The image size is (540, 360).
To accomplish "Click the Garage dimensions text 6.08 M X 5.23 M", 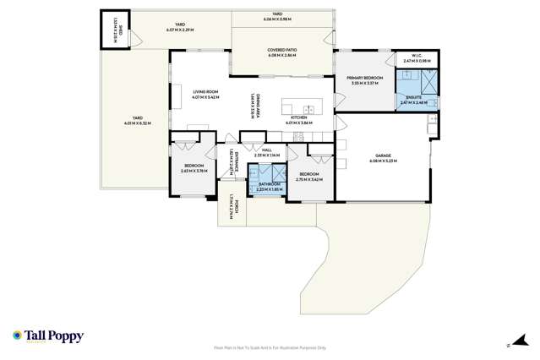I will coord(385,161).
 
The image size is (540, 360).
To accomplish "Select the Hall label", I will coord(266,149).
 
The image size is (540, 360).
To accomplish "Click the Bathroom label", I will coord(270,184).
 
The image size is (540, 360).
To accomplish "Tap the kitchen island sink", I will coord(308,109).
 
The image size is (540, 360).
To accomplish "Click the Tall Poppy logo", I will coord(48,336).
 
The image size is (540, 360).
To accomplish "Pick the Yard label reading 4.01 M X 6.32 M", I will coord(134,120).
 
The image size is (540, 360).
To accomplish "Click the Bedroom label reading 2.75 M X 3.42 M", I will coord(310,177).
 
